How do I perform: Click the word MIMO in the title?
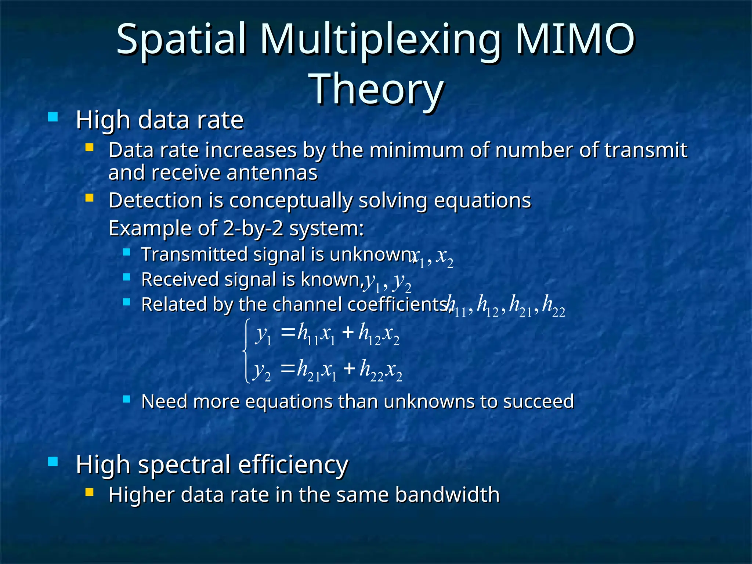[575, 39]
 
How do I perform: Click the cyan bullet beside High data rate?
[53, 117]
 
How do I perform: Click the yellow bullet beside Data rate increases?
[89, 148]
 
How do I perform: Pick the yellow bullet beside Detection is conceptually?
[89, 198]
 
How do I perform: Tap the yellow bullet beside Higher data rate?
[89, 492]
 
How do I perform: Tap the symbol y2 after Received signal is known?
[402, 282]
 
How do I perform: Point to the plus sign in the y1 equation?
[347, 333]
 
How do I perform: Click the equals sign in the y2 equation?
[288, 368]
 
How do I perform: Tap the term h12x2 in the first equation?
[379, 335]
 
